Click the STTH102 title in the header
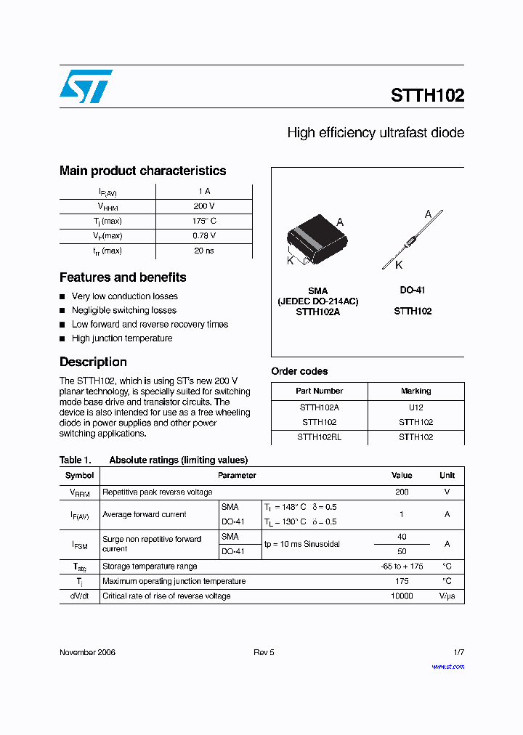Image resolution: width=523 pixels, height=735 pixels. click(x=427, y=95)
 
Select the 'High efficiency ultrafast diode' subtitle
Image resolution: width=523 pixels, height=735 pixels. click(x=375, y=133)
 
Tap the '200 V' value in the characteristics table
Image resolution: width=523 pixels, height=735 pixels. click(x=203, y=206)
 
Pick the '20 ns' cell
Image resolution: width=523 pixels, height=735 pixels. click(x=203, y=251)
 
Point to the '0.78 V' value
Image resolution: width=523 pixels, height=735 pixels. click(x=203, y=236)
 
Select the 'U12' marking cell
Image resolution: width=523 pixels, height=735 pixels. click(x=415, y=407)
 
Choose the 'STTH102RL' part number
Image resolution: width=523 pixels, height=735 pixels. click(x=319, y=437)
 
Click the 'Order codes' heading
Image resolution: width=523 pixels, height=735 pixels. click(x=299, y=371)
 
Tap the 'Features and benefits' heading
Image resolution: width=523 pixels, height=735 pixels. click(x=123, y=277)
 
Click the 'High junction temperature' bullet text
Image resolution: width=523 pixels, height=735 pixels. click(x=122, y=338)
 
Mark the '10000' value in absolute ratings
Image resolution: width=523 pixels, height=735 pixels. click(x=402, y=596)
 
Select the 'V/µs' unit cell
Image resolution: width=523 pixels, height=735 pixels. click(x=447, y=596)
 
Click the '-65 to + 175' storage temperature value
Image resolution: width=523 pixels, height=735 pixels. click(x=402, y=566)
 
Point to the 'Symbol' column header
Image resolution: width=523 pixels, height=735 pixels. click(x=79, y=476)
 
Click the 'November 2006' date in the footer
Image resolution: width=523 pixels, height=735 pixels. click(x=87, y=652)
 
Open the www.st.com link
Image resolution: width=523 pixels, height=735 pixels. click(x=447, y=666)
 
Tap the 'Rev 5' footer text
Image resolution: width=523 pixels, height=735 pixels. click(x=264, y=652)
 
